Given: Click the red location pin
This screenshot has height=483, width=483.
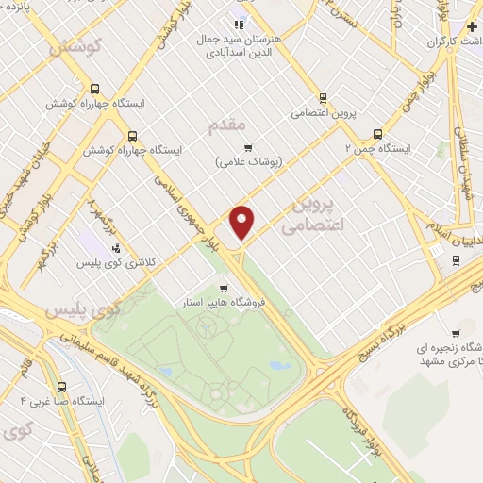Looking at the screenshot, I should point(242,220).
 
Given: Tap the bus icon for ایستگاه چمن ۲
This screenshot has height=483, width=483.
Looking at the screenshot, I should point(378,134).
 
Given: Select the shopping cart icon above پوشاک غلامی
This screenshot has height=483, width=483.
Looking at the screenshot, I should point(248,146).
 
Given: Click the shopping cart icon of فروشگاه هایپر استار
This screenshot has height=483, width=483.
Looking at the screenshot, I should point(224,289).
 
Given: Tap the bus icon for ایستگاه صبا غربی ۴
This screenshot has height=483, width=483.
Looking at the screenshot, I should point(62,386).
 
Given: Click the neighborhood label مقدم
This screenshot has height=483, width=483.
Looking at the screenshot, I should point(226,124).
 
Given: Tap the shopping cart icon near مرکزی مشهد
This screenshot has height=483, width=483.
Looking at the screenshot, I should point(456,333).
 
